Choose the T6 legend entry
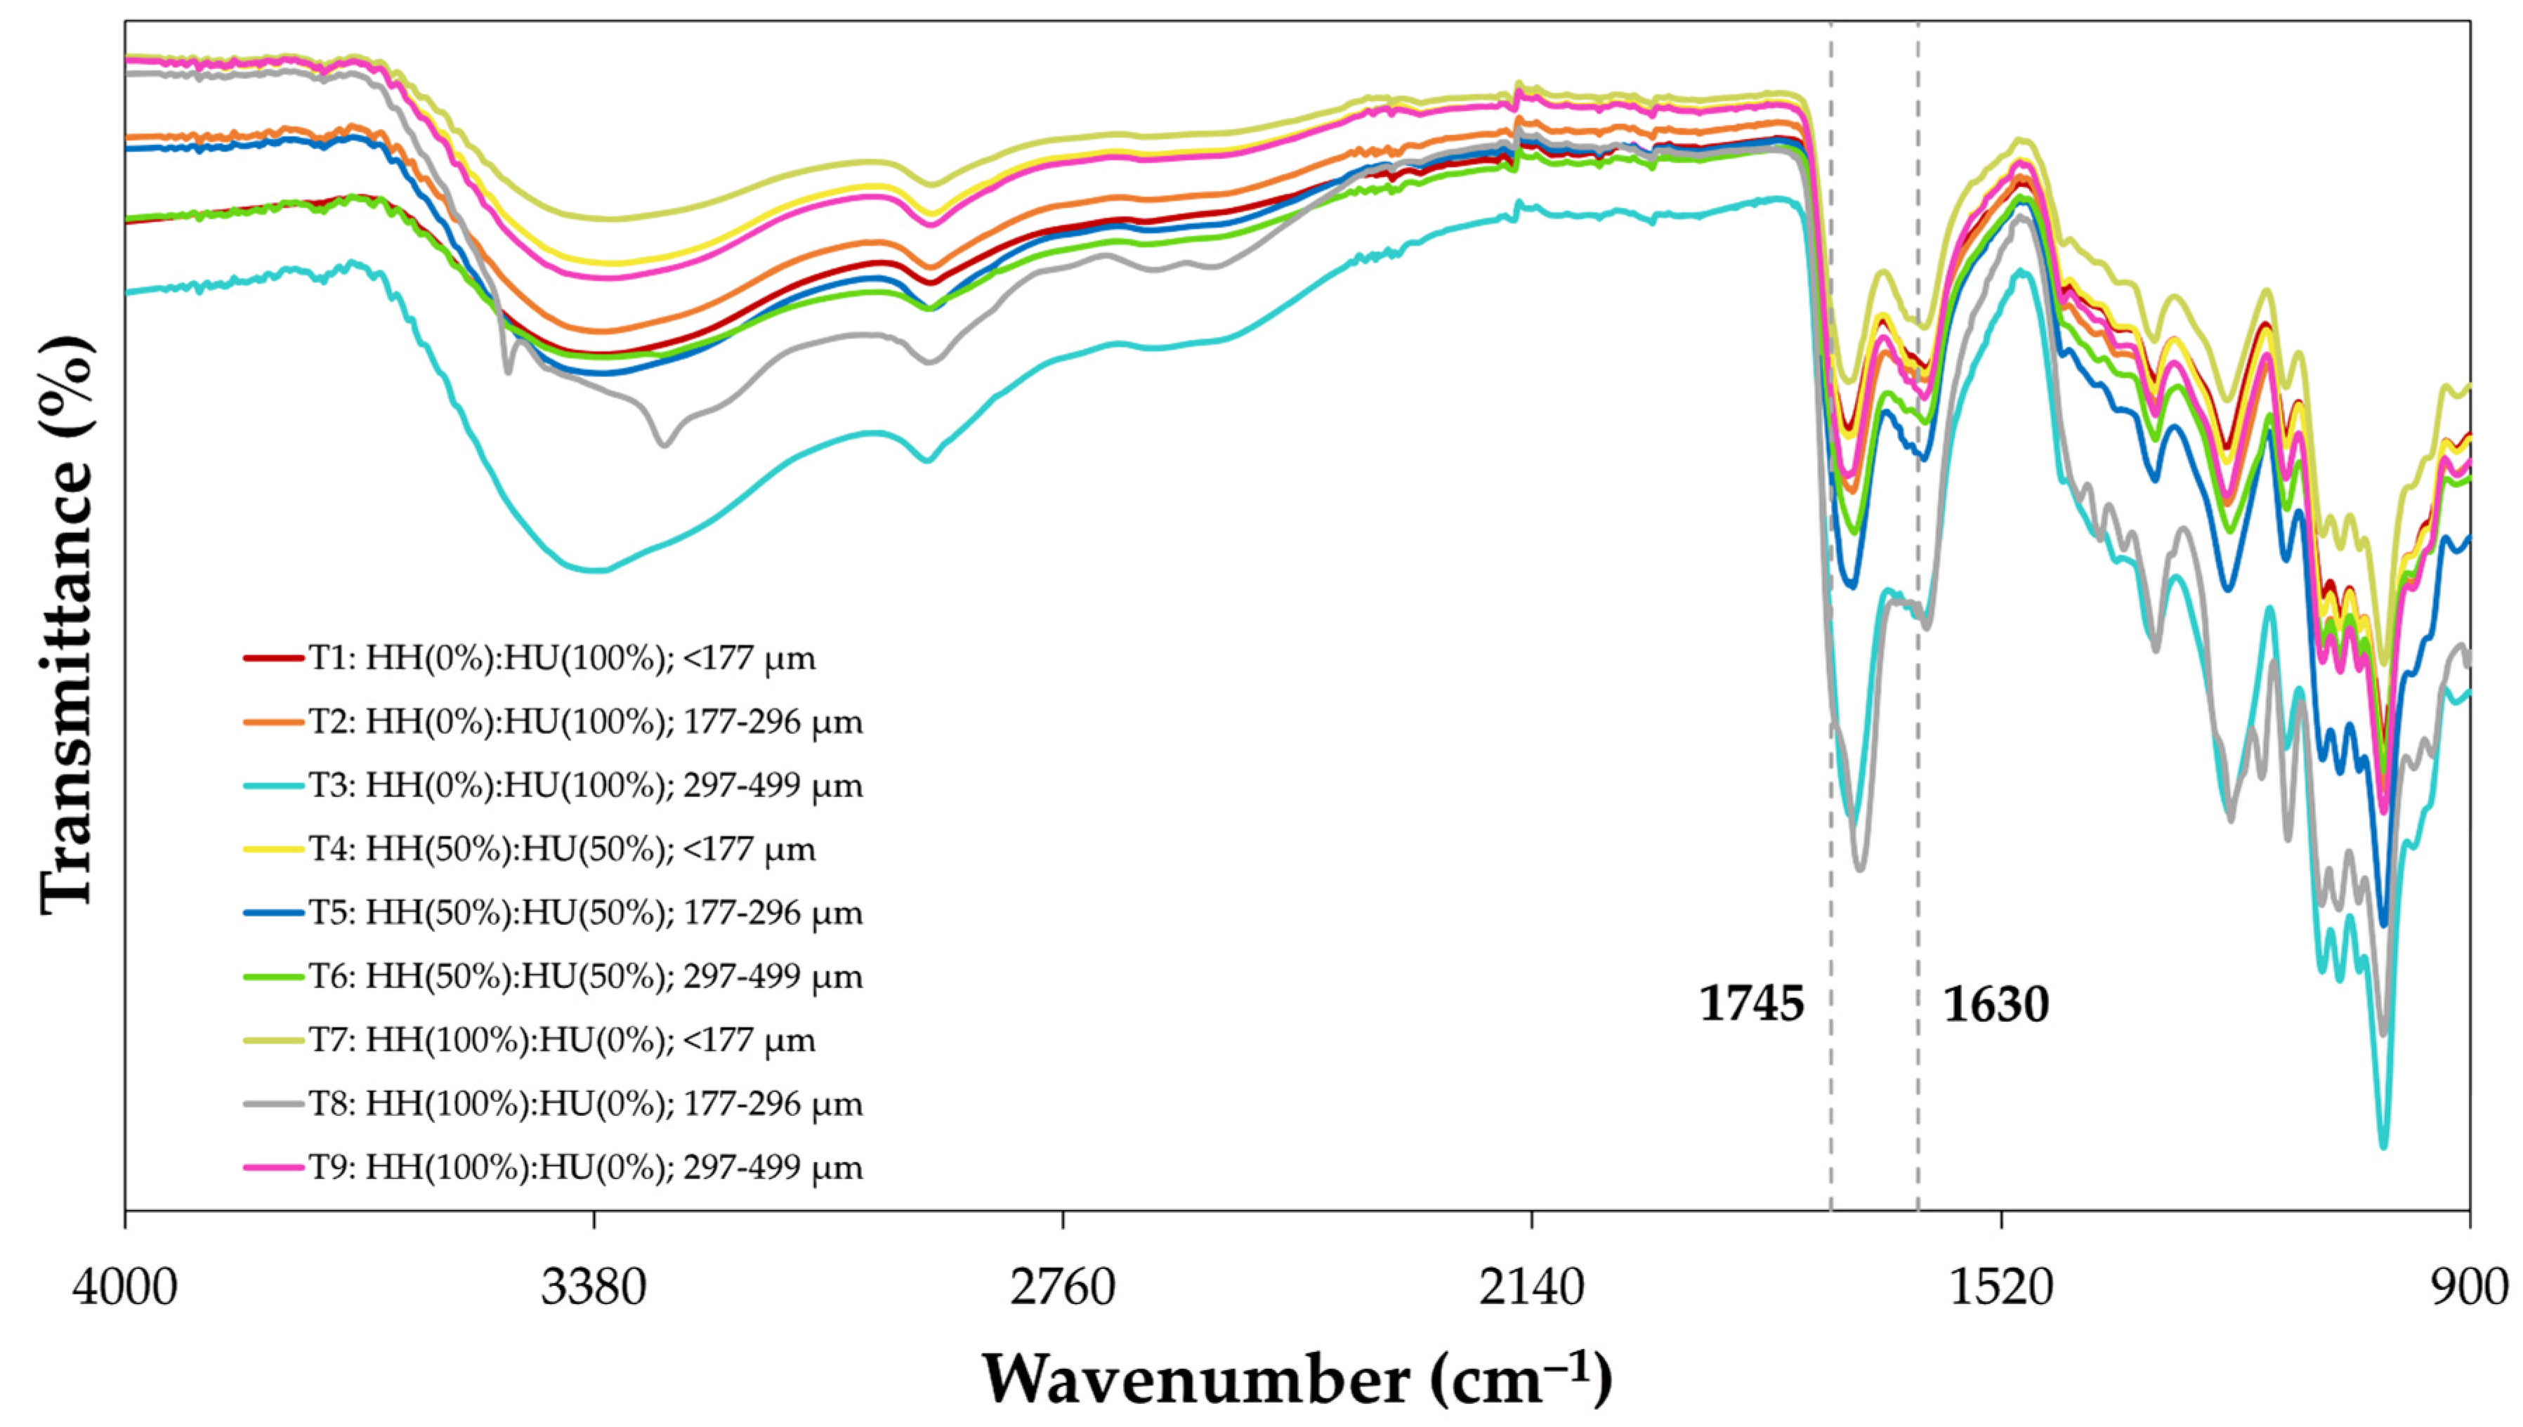point(585,976)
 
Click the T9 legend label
point(585,1167)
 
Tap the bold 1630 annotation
point(1996,1004)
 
